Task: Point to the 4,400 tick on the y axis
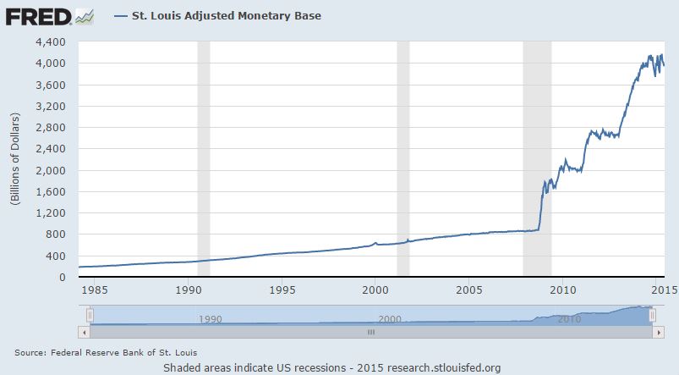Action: click(51, 41)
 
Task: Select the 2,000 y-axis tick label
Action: click(51, 170)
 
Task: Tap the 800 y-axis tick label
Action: click(56, 234)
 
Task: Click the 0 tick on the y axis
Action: click(62, 277)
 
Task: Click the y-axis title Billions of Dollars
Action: click(14, 159)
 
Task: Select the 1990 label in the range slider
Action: click(209, 319)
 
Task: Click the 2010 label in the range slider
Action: click(568, 319)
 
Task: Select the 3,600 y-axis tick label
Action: click(51, 85)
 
